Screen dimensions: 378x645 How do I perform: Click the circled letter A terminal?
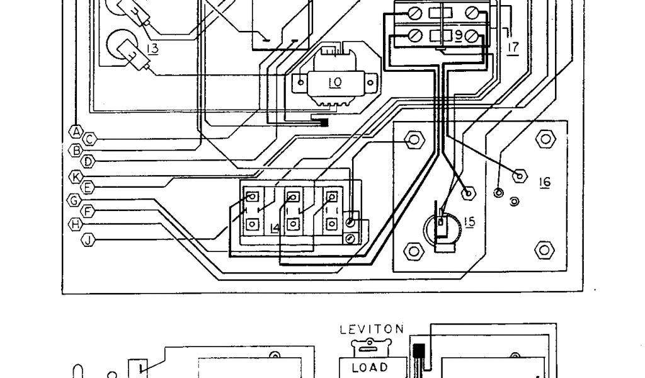tap(76, 131)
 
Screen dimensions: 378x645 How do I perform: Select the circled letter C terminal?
tap(90, 138)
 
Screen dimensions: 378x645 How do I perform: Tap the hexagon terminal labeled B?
tap(76, 151)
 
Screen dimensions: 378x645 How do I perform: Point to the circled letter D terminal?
tap(89, 162)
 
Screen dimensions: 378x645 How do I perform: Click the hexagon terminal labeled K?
tap(76, 176)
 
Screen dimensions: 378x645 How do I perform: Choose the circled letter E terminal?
tap(89, 187)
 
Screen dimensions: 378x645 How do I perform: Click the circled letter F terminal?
tap(89, 211)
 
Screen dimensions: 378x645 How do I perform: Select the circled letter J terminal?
tap(89, 238)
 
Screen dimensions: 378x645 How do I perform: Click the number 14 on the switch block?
tap(274, 227)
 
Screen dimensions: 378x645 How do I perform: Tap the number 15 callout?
tap(469, 222)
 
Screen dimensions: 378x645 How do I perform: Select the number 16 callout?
tap(544, 182)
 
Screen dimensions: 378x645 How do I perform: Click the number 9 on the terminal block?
tap(473, 37)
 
